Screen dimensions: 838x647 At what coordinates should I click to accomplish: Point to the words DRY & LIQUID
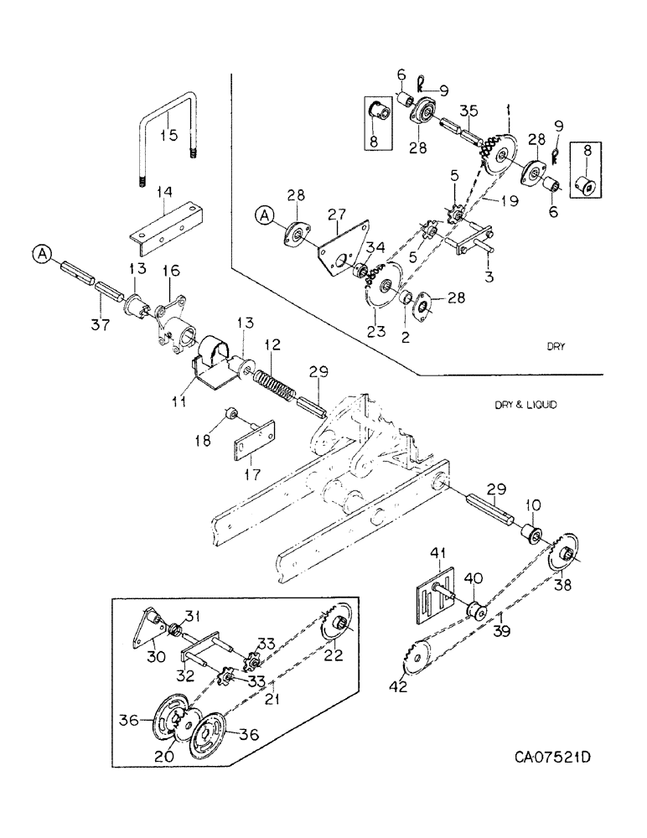pyautogui.click(x=527, y=404)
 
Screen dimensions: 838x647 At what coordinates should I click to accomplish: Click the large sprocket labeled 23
pyautogui.click(x=384, y=288)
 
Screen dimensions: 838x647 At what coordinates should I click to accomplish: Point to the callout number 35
pyautogui.click(x=469, y=110)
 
